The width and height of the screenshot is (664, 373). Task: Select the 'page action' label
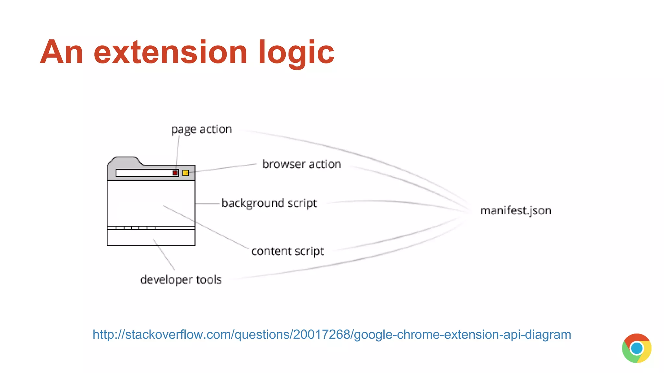(201, 130)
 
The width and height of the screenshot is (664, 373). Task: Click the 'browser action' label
(302, 164)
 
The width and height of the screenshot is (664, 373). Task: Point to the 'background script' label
(269, 203)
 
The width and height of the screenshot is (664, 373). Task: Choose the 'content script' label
(288, 251)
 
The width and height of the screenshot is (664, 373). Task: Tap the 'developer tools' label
(181, 279)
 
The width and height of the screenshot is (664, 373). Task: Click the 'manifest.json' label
(516, 211)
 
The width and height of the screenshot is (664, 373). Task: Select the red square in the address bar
(175, 173)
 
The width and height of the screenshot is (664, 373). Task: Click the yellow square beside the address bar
(185, 173)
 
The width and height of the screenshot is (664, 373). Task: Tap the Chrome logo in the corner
(636, 348)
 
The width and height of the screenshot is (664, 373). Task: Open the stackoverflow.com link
(332, 334)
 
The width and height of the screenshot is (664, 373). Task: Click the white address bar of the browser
(143, 173)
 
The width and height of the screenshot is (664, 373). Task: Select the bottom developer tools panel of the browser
(151, 237)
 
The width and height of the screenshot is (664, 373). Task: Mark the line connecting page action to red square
(178, 151)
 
